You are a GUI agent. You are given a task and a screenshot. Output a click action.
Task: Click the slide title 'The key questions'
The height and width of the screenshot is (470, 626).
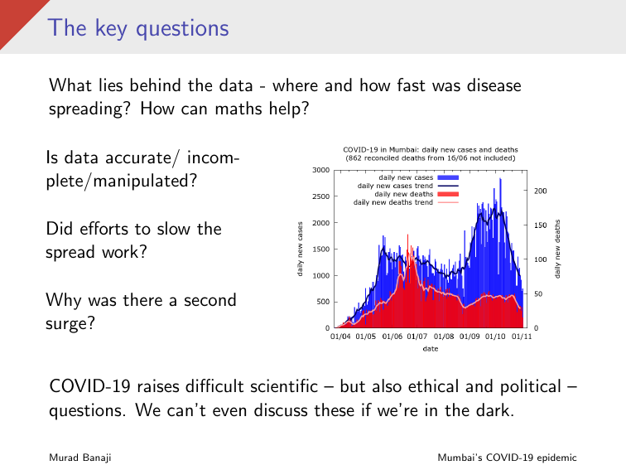click(x=137, y=27)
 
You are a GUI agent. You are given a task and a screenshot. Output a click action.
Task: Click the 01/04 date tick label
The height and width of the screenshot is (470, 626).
click(x=340, y=337)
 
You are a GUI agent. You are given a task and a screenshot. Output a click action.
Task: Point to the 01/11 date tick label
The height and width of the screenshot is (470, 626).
click(x=521, y=337)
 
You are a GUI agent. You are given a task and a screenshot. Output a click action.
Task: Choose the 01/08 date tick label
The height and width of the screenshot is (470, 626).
click(x=444, y=337)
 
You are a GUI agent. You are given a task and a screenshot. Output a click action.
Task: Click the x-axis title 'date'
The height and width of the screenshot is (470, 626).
click(x=431, y=349)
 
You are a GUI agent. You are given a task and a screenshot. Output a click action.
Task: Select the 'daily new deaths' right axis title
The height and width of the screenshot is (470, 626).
click(x=558, y=249)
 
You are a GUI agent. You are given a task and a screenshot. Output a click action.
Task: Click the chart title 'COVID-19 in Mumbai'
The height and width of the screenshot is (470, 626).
click(x=430, y=149)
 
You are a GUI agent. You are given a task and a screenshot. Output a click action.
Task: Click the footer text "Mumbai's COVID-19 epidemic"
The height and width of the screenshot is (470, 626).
click(x=508, y=458)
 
